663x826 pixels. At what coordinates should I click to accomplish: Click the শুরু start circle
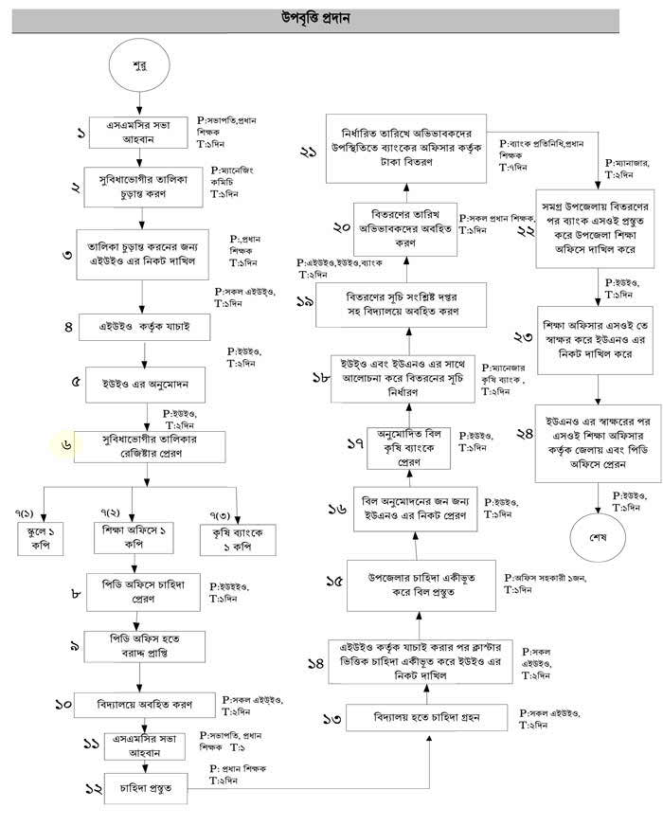(x=139, y=67)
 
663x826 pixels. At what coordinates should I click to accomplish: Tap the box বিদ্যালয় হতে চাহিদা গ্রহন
(x=427, y=720)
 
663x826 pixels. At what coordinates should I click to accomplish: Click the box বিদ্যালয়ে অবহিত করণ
(x=143, y=705)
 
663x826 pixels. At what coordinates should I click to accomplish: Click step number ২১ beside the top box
(x=308, y=152)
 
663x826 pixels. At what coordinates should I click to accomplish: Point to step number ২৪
(x=499, y=435)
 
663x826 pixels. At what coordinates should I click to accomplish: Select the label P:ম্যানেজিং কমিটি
(x=234, y=177)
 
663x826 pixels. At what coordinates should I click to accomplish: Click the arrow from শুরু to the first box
(x=139, y=103)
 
